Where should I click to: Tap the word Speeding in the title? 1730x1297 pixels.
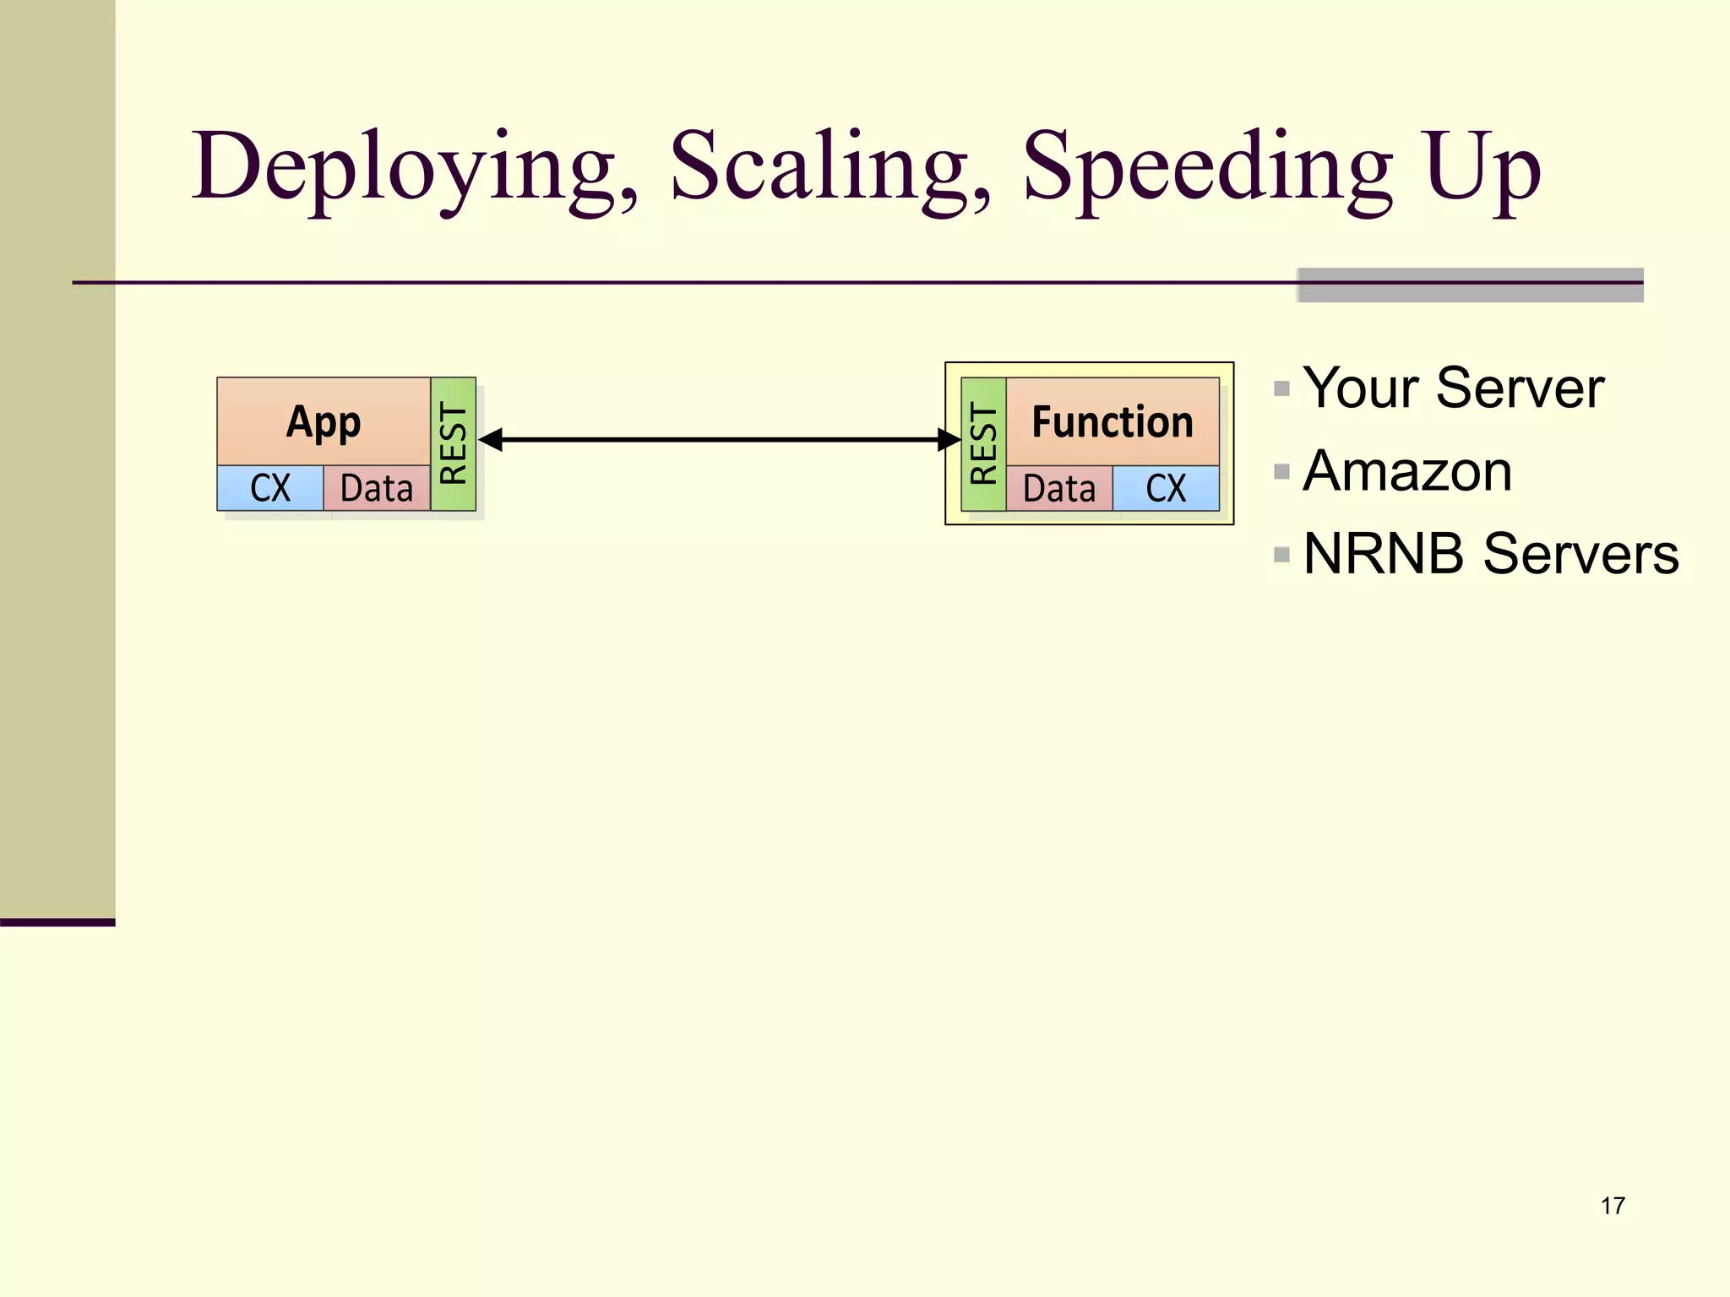1207,168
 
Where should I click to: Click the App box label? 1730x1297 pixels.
324,421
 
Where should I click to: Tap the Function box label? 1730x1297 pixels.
1113,421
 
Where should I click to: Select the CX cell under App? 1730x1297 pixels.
270,488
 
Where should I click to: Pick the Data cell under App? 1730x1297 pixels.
377,488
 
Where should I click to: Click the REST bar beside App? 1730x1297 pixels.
454,444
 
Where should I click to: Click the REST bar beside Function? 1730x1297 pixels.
983,444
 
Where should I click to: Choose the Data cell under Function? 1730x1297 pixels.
1059,489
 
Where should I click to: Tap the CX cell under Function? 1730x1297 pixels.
1166,489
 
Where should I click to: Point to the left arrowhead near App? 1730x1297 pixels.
491,440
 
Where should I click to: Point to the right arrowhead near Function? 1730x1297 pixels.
949,440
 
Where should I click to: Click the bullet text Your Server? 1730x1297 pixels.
1453,388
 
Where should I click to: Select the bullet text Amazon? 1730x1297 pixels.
1407,471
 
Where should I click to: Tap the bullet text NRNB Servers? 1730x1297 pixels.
1491,554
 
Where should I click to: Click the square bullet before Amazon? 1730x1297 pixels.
1281,471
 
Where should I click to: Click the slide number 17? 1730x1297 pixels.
1612,1206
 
